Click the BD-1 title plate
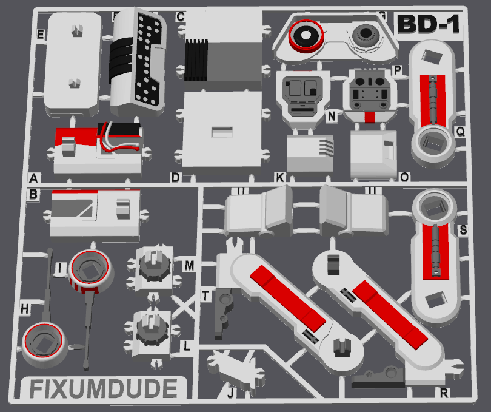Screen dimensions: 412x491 (427, 24)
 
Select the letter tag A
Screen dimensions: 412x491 (34, 178)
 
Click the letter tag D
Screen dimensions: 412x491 (175, 178)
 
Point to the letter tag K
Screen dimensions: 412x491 (279, 178)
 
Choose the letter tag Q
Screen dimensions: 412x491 (461, 130)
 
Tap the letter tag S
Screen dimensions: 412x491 (463, 230)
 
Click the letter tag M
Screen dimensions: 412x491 (189, 266)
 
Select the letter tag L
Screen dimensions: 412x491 (188, 346)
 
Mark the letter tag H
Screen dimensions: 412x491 (25, 309)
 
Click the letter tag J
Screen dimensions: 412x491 (230, 393)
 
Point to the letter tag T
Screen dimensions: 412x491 (206, 295)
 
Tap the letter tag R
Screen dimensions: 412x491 (444, 393)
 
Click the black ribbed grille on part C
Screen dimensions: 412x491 (196, 60)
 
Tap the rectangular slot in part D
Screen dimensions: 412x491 (221, 131)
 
